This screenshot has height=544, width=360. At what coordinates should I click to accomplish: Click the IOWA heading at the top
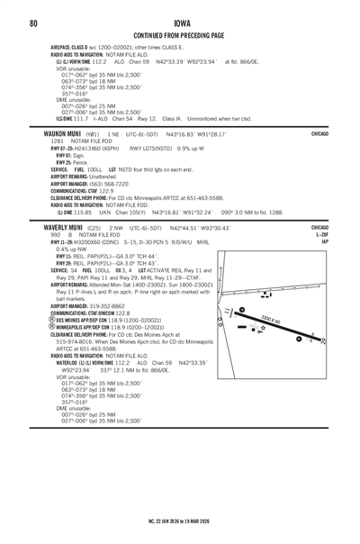[x=180, y=23]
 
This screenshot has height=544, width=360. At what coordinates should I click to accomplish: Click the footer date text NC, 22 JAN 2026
[x=155, y=521]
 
